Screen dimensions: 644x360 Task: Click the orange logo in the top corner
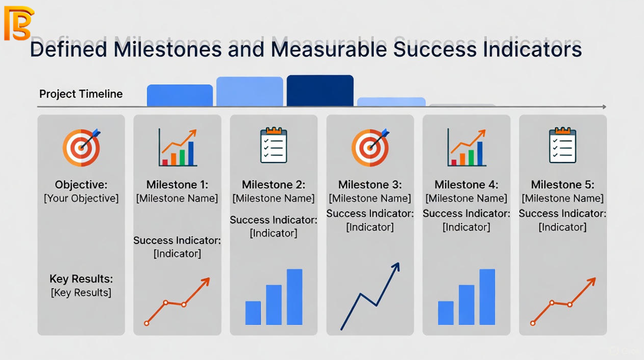point(19,23)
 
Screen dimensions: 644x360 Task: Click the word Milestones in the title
point(168,49)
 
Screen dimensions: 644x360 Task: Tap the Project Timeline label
point(81,94)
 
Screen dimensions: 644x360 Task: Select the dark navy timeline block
point(320,91)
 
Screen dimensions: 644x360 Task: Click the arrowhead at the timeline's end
point(604,107)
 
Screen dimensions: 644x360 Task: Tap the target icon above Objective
point(82,147)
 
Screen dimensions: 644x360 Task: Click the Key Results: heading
point(81,278)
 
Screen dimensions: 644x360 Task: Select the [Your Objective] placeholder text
point(82,198)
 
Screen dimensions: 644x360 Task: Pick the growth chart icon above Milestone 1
point(178,147)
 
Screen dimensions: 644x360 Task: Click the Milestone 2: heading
point(274,185)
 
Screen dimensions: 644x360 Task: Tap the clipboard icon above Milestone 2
point(274,145)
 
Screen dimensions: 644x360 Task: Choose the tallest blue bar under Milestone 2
point(295,297)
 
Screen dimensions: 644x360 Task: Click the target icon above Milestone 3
point(370,147)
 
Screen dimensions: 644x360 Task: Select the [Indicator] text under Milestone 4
point(466,227)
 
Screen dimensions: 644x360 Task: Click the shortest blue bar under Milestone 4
point(446,313)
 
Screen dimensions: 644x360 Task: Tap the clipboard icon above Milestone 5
point(562,145)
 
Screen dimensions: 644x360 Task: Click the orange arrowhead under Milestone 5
point(592,281)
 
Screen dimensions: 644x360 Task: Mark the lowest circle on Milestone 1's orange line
point(147,323)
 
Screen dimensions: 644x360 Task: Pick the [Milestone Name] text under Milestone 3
point(370,198)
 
